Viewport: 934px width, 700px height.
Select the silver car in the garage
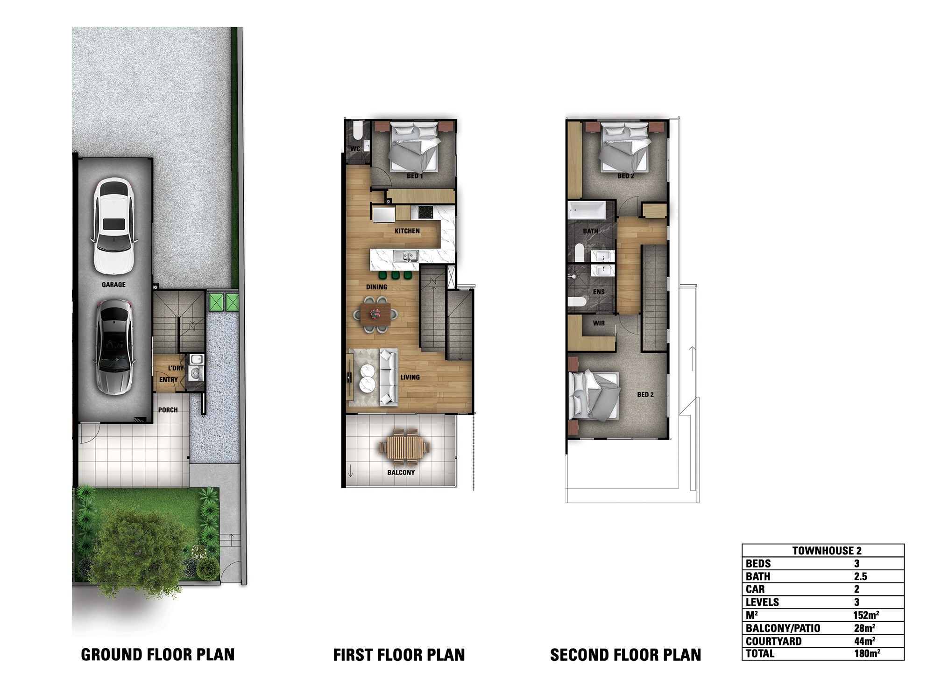(113, 348)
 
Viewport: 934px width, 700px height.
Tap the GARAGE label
(113, 285)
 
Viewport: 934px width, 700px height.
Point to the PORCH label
(168, 410)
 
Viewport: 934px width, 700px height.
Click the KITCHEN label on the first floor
(407, 231)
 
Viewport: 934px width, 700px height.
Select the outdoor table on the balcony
(404, 447)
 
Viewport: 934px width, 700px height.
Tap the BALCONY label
(401, 472)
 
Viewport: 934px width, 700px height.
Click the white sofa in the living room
(388, 377)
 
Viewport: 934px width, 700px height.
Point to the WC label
(355, 149)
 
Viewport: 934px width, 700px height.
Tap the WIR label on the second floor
(599, 323)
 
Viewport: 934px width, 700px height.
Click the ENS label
(599, 292)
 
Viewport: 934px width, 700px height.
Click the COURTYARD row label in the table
(773, 641)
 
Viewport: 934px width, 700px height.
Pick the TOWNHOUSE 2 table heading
(827, 551)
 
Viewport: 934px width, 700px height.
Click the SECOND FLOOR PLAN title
(626, 655)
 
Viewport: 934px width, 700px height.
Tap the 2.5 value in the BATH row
(860, 576)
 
